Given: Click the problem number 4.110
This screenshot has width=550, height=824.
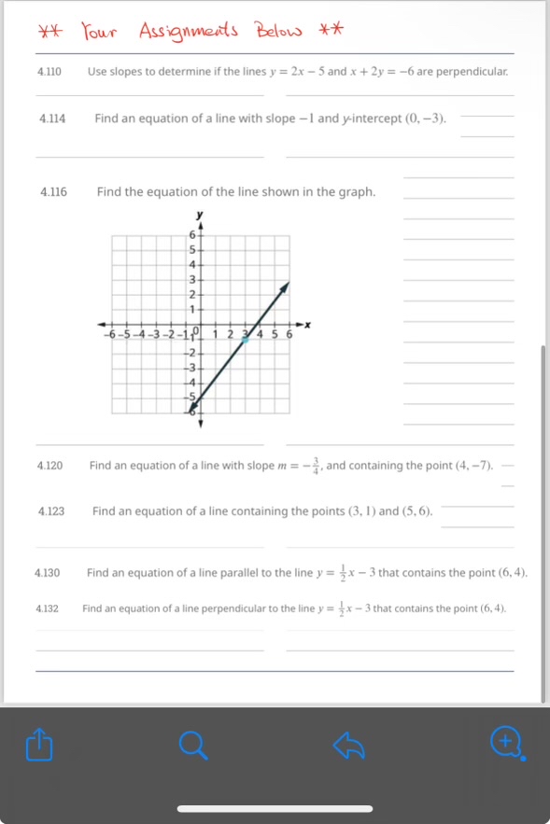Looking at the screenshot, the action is point(49,71).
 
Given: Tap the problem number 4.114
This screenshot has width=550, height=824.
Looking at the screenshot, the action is point(52,119).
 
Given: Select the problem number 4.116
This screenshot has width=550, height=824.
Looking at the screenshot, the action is point(54,192).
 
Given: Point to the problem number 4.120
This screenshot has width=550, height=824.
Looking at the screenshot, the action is point(50,465).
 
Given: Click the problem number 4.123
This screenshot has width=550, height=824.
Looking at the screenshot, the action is point(51,511).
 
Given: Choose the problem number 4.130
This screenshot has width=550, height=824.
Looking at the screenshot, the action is point(48,572).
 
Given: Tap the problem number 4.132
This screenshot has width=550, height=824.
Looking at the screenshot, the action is point(48,608).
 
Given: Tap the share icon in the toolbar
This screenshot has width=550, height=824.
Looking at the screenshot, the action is point(36,745).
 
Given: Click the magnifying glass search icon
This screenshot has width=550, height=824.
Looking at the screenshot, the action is point(191,745).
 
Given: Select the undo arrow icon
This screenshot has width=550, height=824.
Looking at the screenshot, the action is point(348,745).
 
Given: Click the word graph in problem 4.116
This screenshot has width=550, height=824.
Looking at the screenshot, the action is point(353,192).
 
